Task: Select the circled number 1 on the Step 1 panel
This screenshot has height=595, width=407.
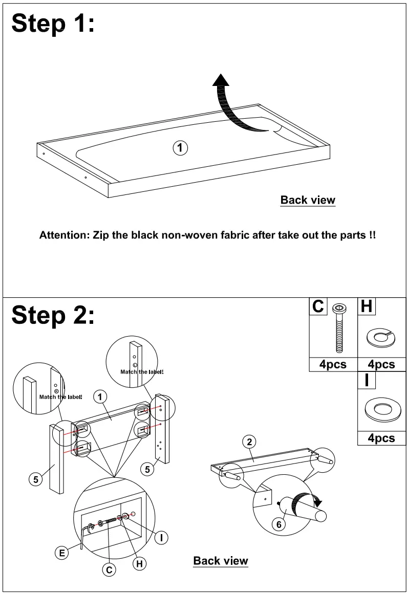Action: [180, 148]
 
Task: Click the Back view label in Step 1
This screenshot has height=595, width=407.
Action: [308, 200]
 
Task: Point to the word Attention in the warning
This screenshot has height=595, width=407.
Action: [64, 236]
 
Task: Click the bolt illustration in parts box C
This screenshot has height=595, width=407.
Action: [338, 327]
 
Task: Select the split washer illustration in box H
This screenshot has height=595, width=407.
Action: [381, 337]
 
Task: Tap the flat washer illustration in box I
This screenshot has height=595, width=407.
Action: [381, 409]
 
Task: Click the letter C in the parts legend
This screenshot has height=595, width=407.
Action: [318, 306]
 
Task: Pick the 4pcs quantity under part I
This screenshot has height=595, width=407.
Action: [381, 438]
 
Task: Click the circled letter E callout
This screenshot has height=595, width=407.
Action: [61, 552]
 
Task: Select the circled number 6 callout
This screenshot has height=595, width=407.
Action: [279, 525]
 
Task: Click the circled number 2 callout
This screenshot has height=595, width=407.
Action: [249, 442]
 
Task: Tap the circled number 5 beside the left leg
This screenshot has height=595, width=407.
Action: [35, 479]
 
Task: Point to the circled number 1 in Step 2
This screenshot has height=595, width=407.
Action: [100, 396]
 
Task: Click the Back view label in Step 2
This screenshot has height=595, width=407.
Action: [221, 561]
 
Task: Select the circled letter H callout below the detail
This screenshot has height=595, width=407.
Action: [139, 564]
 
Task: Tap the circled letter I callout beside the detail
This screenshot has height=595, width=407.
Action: [162, 537]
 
